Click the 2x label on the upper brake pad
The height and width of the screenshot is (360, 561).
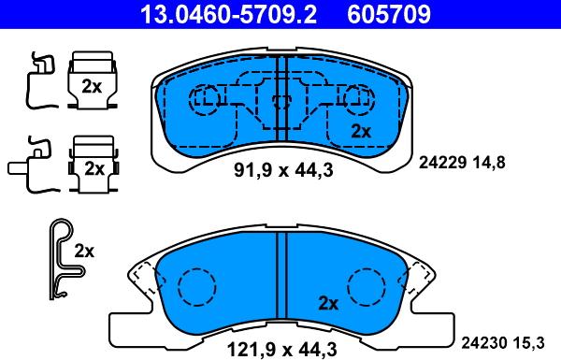click(360, 132)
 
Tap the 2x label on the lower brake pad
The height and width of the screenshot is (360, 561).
click(328, 303)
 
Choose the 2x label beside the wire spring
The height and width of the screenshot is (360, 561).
click(85, 251)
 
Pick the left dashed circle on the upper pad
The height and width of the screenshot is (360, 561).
click(205, 98)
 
